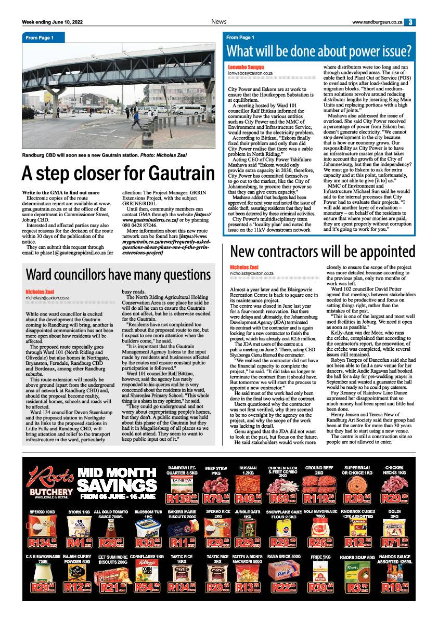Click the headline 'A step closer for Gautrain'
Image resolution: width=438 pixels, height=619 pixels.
[x=118, y=173]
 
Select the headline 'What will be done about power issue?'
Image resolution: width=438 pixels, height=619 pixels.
[x=319, y=51]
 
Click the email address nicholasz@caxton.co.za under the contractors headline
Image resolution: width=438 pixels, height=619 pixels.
[x=251, y=273]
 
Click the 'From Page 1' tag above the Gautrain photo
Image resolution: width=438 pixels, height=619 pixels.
[x=40, y=38]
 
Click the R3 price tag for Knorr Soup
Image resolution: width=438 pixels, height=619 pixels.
[x=360, y=588]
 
